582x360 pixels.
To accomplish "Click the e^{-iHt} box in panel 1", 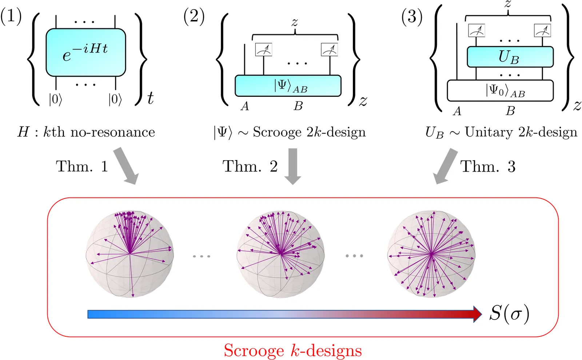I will pos(86,52).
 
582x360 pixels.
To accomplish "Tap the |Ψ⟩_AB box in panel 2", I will pos(288,86).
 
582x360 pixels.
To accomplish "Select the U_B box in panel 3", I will pos(510,57).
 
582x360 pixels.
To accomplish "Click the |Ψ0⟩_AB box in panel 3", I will pos(500,91).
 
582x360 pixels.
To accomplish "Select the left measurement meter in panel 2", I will pos(264,50).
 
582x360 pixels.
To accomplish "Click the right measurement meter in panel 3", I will pos(542,31).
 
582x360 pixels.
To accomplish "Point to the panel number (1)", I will pos(11,17).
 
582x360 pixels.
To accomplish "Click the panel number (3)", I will pos(412,17).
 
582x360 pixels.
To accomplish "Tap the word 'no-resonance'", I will pos(113,132).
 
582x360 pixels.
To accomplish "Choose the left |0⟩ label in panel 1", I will pos(56,99).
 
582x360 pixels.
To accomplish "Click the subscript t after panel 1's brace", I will pos(150,98).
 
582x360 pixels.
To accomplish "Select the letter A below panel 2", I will pos(245,106).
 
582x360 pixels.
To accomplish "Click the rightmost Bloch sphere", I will pos(431,254).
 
